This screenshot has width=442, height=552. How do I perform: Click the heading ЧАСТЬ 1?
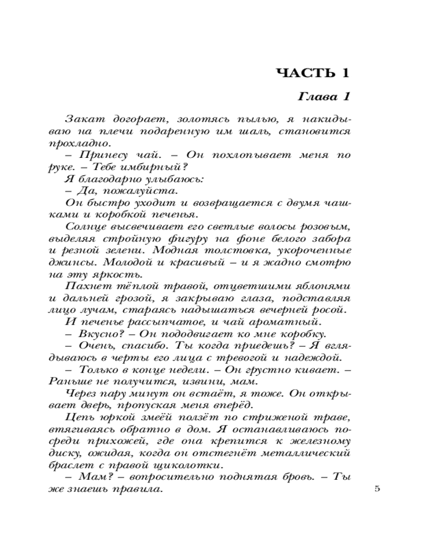[313, 72]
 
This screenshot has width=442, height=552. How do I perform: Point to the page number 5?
[377, 488]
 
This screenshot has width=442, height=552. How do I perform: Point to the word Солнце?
[86, 227]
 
